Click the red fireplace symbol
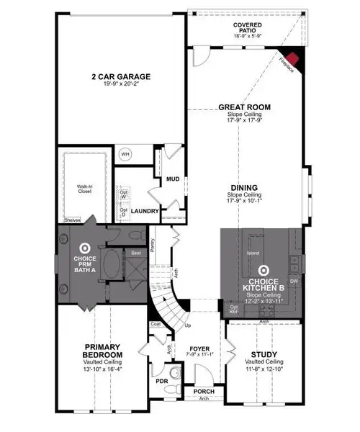(x=292, y=60)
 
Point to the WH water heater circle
(x=125, y=154)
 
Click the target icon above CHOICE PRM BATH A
(x=84, y=245)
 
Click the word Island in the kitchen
(x=252, y=253)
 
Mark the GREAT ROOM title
(x=244, y=107)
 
